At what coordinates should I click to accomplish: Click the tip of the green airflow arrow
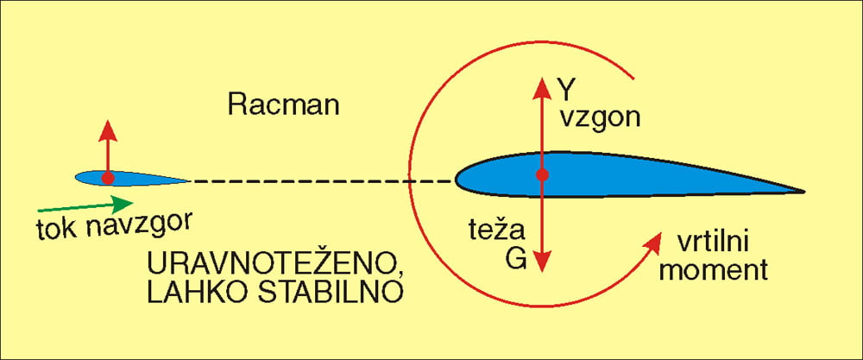133,203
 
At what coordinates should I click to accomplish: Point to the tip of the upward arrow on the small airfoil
108,120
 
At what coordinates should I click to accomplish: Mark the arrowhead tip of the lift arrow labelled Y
542,78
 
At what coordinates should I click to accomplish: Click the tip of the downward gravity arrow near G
543,272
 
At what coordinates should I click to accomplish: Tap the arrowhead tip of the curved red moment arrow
661,233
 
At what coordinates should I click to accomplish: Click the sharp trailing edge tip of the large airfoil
804,192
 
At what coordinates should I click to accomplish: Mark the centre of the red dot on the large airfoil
543,175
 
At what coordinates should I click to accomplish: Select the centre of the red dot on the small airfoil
108,178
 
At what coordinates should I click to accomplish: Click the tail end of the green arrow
38,211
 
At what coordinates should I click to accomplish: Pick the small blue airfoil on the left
132,178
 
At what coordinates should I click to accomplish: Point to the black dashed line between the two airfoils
322,180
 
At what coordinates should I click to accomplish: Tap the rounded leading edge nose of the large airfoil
456,179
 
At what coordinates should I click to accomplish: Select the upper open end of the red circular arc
633,79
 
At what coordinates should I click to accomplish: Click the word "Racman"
283,104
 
